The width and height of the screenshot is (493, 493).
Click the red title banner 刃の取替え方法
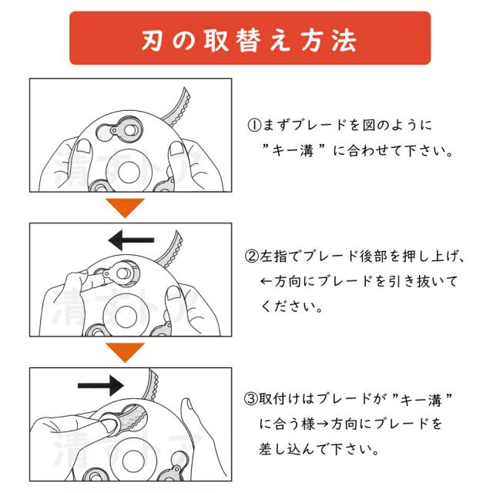[x=250, y=38]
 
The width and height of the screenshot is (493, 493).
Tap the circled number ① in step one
[x=254, y=125]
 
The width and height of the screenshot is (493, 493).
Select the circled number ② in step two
[x=252, y=257]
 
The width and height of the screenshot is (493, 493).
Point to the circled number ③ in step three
[x=251, y=399]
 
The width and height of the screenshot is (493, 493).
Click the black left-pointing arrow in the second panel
[x=131, y=240]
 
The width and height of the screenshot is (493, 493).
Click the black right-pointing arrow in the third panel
[x=101, y=385]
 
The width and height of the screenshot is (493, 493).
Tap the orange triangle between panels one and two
[x=125, y=208]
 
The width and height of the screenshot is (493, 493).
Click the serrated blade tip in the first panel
[x=177, y=106]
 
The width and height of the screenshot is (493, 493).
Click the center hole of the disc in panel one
[x=129, y=173]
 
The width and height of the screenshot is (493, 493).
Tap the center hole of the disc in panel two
[x=126, y=317]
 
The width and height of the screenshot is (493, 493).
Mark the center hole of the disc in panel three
[x=133, y=461]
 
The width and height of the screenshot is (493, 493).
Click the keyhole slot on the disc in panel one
[x=119, y=130]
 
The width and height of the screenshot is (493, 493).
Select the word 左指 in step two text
[x=273, y=257]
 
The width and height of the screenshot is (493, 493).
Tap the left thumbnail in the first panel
[x=84, y=148]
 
